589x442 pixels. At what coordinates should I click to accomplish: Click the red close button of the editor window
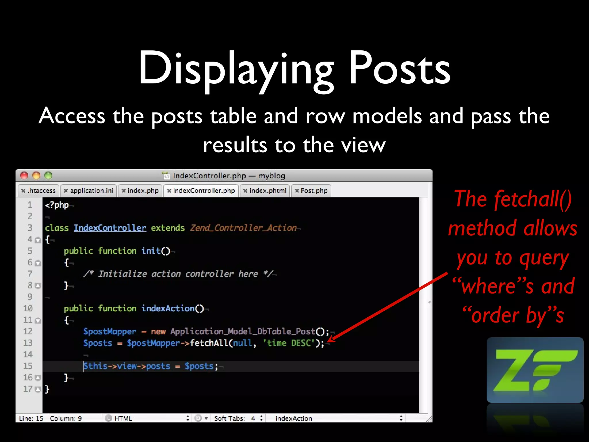point(24,176)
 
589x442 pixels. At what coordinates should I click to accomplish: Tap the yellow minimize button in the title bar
point(36,176)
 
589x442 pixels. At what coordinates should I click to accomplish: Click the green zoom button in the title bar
point(48,176)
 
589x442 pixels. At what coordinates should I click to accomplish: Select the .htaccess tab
point(39,191)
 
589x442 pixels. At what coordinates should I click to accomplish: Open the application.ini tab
point(89,191)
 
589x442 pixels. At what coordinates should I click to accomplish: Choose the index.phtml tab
point(265,191)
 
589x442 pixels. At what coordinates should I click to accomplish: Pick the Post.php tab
point(311,191)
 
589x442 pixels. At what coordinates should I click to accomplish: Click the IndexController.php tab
point(201,191)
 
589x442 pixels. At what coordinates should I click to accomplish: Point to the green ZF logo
point(535,370)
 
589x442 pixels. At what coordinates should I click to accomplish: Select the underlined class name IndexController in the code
point(110,228)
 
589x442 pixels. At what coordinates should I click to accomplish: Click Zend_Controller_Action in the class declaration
point(243,228)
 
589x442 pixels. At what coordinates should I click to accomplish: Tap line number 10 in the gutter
point(28,308)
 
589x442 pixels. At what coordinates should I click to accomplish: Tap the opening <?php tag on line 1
point(57,205)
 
